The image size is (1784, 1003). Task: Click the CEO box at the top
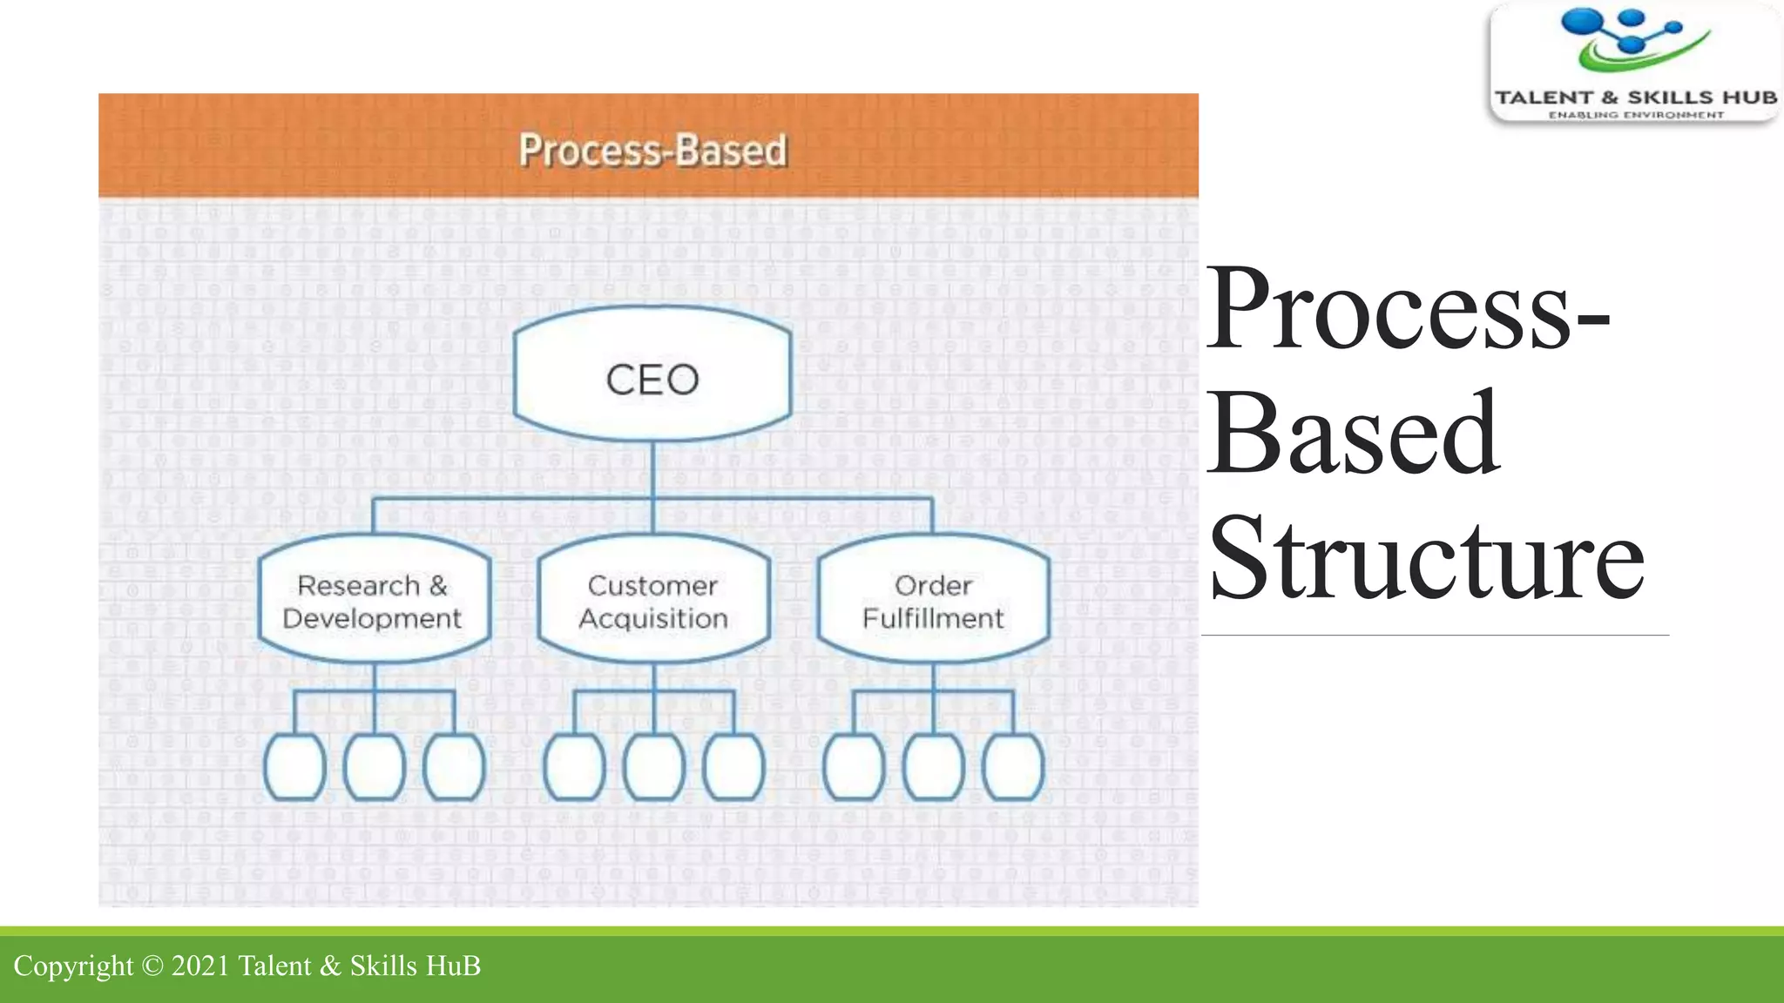(x=652, y=379)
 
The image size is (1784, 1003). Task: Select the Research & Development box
(x=374, y=601)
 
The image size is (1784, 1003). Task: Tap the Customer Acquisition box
(x=653, y=601)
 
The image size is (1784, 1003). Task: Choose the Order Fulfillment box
(x=933, y=601)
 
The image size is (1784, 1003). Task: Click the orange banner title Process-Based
(x=652, y=150)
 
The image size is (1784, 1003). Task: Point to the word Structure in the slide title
(x=1426, y=559)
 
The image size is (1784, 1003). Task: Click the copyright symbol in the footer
(x=152, y=966)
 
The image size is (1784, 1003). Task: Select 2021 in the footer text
(x=200, y=966)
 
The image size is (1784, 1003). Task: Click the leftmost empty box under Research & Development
(x=294, y=767)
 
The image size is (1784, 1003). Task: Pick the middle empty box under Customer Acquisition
(x=654, y=767)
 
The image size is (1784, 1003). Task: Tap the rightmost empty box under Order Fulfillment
(x=1013, y=767)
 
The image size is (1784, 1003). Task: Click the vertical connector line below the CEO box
(x=653, y=470)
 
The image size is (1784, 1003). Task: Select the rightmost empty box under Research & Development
(x=454, y=767)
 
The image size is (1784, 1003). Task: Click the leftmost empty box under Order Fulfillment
(x=854, y=767)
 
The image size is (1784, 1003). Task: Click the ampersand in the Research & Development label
(x=438, y=585)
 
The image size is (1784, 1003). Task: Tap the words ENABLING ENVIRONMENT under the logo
(x=1635, y=115)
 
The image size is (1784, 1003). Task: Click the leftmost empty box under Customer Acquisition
(x=574, y=767)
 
